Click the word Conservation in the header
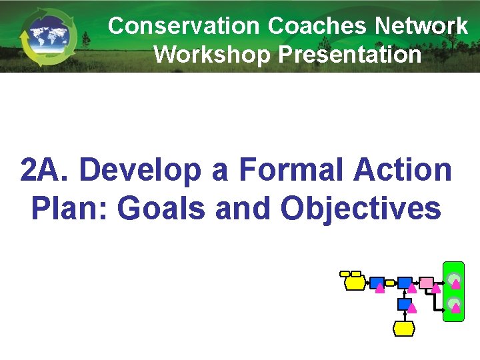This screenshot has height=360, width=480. pos(184,26)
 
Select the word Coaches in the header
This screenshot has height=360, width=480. pos(318,26)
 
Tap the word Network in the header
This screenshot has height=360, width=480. pos(421,26)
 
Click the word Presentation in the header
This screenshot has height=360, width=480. pos(350,55)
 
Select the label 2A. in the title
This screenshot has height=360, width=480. pos(46,171)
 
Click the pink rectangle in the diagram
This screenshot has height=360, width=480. pos(427,283)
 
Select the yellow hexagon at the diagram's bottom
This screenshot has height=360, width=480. pos(404,328)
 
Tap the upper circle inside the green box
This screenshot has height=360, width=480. pos(453,279)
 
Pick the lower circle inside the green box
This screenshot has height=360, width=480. pos(453,305)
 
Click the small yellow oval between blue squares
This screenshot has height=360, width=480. pos(391,283)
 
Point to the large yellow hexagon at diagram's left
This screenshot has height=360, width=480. pos(355,283)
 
